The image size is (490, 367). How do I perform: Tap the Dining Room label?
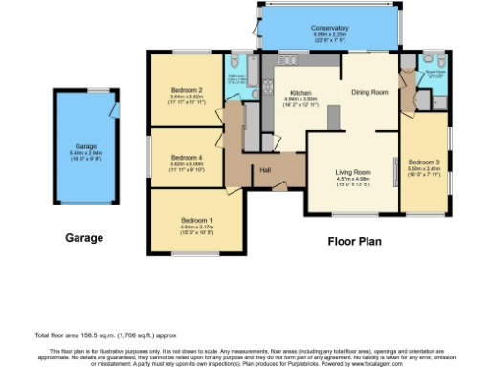point(368,92)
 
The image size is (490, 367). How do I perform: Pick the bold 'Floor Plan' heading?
point(354,241)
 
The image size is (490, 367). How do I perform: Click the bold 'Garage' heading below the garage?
point(84,237)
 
